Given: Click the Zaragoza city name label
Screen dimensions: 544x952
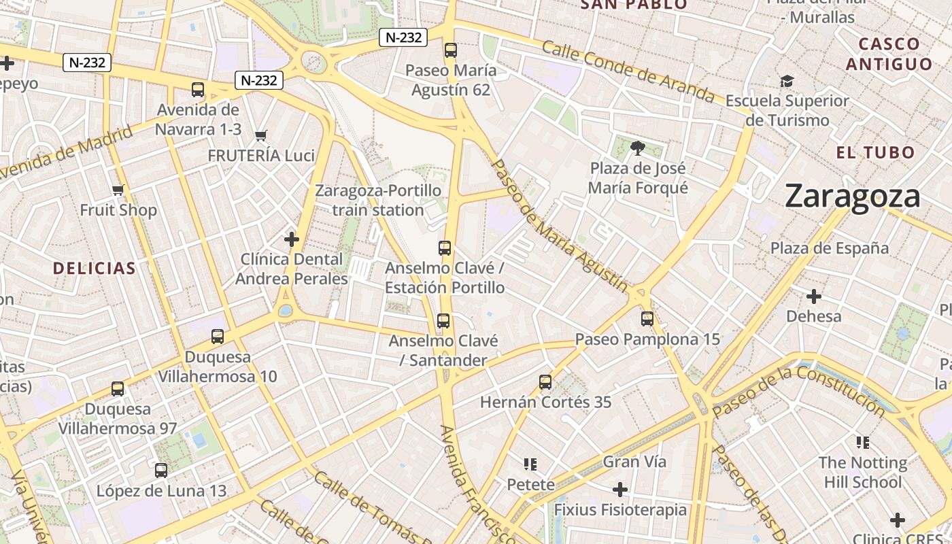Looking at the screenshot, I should tap(852, 197).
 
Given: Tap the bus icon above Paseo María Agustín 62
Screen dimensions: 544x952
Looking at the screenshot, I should tap(450, 50).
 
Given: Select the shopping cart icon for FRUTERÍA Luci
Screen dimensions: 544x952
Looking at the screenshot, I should tap(260, 135).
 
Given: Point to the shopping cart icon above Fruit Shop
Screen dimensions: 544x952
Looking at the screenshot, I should tap(118, 190).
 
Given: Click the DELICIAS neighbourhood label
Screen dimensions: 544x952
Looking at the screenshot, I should tap(95, 268).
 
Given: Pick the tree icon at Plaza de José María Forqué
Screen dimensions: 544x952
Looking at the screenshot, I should tap(637, 148).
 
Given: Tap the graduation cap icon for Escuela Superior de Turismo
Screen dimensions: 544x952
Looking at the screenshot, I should tap(787, 82).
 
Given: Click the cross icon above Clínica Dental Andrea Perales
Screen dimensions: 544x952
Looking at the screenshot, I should tap(292, 239).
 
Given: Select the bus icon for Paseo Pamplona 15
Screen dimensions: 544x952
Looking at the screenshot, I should tap(647, 318).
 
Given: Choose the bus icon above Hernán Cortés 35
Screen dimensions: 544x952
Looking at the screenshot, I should tap(545, 381).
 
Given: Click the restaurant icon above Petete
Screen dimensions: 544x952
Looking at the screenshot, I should tap(530, 464).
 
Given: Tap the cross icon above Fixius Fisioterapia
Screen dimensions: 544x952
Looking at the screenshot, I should tap(619, 490).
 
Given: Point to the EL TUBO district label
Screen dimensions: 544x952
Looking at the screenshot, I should tap(876, 152).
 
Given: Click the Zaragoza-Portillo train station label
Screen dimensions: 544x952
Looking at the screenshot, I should tap(378, 200).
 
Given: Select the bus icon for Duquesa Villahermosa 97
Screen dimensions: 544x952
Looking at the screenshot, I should tap(118, 389).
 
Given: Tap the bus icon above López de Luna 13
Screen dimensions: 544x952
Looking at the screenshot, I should tap(161, 470).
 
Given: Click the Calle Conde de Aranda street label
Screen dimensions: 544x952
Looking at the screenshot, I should tap(628, 71).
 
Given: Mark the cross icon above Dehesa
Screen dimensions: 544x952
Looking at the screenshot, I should tap(813, 296).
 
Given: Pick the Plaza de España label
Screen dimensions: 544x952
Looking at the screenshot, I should tap(829, 248).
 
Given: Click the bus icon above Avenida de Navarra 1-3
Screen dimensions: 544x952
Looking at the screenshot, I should tap(198, 89).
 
